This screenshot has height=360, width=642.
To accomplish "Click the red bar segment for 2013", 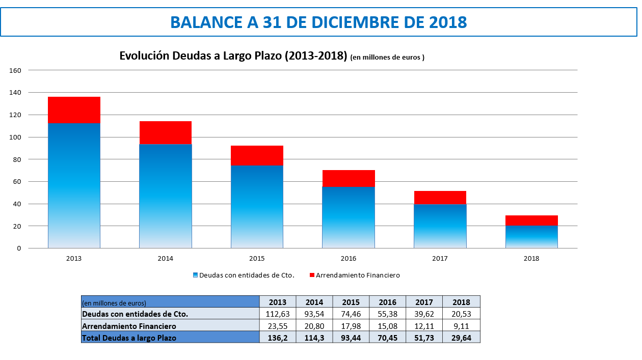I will [x=74, y=110].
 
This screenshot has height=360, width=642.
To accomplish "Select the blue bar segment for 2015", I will [x=257, y=206].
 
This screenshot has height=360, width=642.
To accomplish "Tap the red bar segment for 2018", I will [x=531, y=220].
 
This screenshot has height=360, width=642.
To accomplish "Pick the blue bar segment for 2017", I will [x=440, y=226].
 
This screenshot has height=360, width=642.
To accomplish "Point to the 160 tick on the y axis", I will [x=15, y=70].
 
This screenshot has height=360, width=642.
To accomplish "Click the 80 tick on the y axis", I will [x=17, y=159].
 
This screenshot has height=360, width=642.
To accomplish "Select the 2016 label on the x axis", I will [x=349, y=259].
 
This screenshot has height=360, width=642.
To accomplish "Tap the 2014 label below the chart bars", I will [x=165, y=259].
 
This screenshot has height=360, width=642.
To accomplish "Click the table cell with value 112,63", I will [x=278, y=314].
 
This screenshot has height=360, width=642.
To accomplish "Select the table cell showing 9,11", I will [x=461, y=326].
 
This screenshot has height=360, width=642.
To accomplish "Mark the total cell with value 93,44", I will [x=351, y=338].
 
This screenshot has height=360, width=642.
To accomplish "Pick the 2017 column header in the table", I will [x=424, y=302].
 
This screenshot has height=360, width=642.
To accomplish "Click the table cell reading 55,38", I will [x=388, y=314].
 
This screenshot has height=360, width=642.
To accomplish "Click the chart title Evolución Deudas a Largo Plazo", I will [x=233, y=56].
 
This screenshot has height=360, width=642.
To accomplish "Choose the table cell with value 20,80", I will [x=314, y=326].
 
